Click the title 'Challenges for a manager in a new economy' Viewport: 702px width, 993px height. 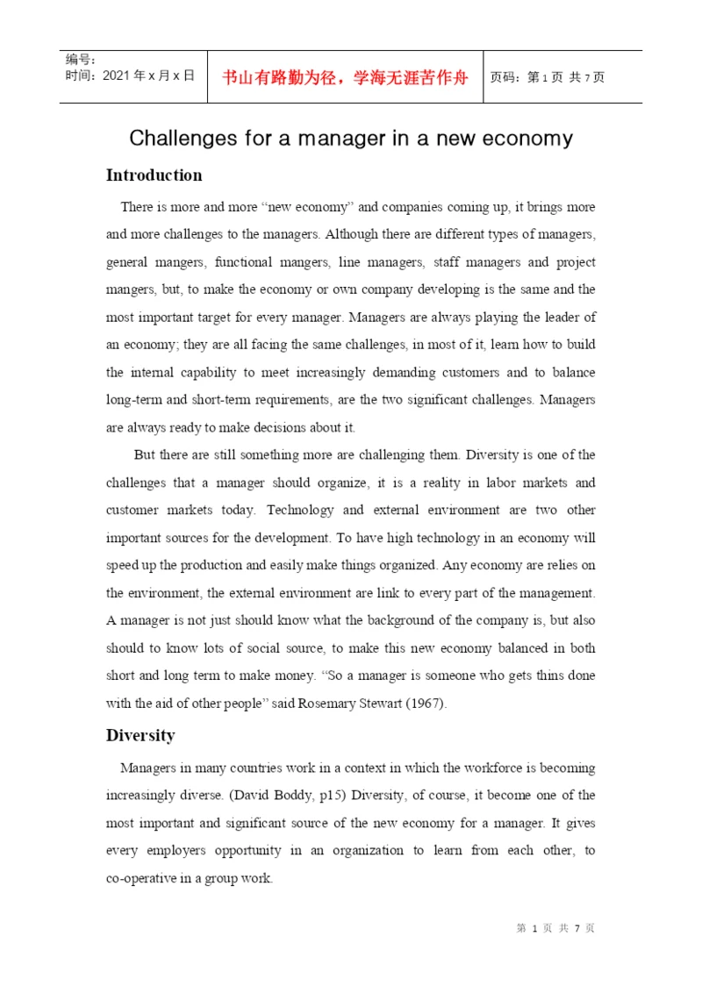(351, 138)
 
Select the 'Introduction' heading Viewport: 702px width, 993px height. (154, 175)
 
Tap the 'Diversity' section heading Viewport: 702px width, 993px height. (140, 735)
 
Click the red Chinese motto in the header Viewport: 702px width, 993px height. (345, 77)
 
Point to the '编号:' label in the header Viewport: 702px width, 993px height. (81, 60)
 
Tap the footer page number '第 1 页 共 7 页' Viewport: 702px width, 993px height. (555, 928)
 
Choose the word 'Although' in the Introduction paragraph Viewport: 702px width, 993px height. (355, 235)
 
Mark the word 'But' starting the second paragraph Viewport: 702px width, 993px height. (145, 454)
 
